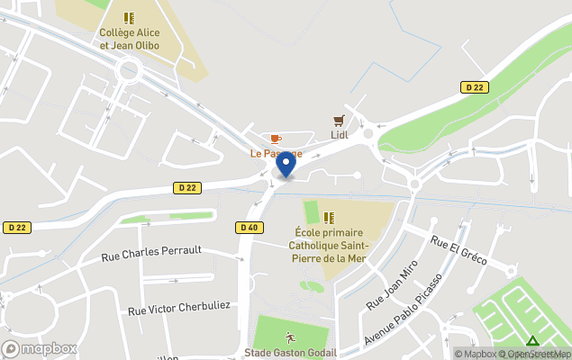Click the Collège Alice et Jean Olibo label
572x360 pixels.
pyautogui.click(x=129, y=39)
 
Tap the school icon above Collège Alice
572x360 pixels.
pyautogui.click(x=130, y=17)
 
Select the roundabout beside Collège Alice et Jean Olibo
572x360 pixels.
pyautogui.click(x=128, y=68)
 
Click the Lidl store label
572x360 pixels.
pyautogui.click(x=339, y=135)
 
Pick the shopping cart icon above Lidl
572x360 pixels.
pyautogui.click(x=339, y=120)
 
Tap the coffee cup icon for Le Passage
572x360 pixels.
pyautogui.click(x=276, y=139)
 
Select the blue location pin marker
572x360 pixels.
pyautogui.click(x=286, y=165)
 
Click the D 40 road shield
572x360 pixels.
pyautogui.click(x=250, y=228)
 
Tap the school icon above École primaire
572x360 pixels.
pyautogui.click(x=329, y=217)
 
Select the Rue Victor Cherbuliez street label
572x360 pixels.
pyautogui.click(x=179, y=307)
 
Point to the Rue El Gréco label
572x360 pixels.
pyautogui.click(x=459, y=250)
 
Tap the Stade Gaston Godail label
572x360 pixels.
pyautogui.click(x=290, y=353)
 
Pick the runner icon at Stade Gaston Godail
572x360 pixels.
pyautogui.click(x=290, y=337)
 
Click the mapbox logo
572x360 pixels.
pyautogui.click(x=40, y=348)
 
